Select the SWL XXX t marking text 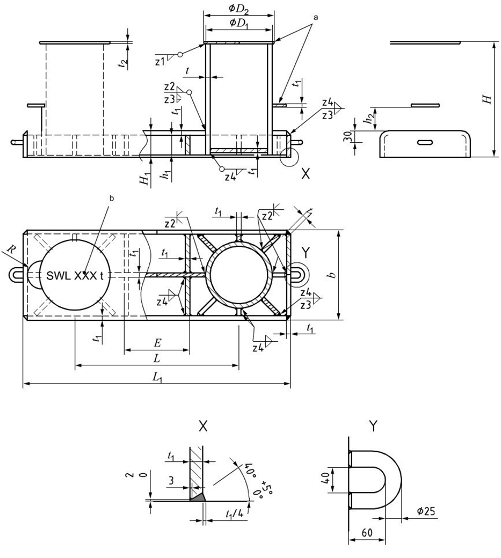(x=72, y=275)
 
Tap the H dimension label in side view (x=487, y=99)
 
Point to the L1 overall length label (x=157, y=377)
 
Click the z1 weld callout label (x=159, y=61)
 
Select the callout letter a (x=316, y=17)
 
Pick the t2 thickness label (x=123, y=62)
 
